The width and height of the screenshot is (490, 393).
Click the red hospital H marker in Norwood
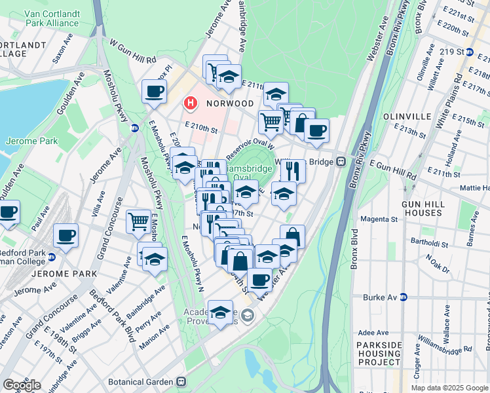191,103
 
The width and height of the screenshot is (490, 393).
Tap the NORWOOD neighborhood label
230,103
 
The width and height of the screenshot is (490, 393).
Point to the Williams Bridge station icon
341,161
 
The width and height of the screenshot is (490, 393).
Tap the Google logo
22,385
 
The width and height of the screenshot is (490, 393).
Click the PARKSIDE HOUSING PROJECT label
378,353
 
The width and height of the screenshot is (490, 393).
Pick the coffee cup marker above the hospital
154,91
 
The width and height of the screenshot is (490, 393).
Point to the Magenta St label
379,227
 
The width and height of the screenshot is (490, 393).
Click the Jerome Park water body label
31,140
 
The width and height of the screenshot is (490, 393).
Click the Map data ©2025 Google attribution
449,388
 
